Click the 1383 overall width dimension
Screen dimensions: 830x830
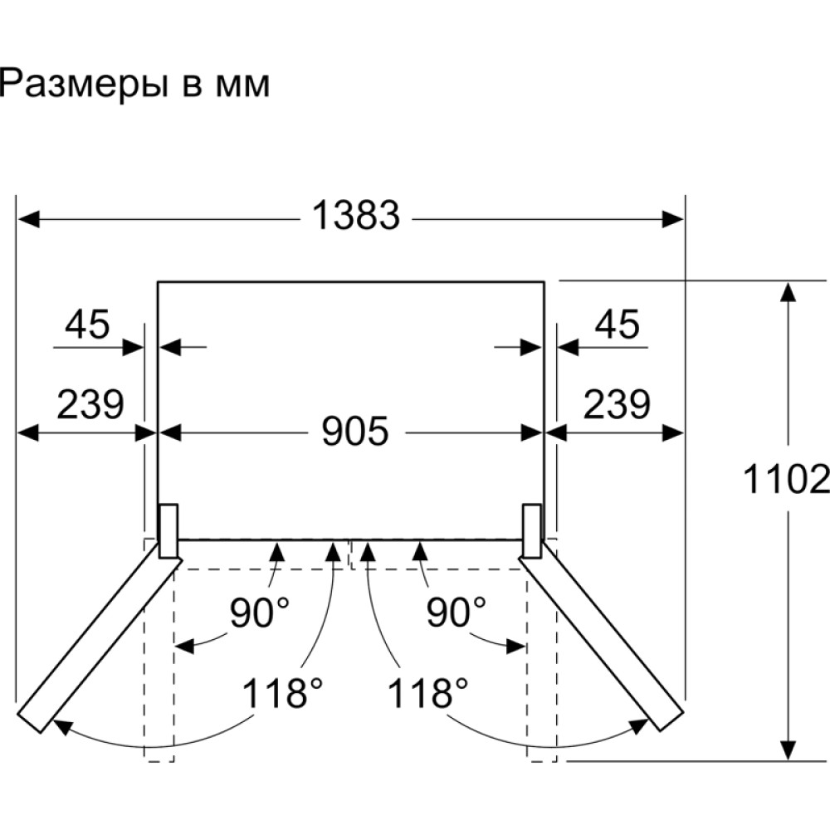(356, 215)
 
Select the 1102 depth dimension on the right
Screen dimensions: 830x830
(786, 479)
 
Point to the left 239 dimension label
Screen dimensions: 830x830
(90, 404)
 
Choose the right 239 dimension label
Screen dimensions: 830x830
(617, 404)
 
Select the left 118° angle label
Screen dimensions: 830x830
(282, 693)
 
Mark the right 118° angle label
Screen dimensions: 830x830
(428, 693)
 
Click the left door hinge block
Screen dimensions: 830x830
(168, 531)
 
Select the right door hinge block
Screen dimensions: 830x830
(532, 531)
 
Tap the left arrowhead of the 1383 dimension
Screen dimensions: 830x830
(27, 218)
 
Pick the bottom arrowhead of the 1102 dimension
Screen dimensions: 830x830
(788, 750)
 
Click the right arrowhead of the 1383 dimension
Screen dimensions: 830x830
(674, 218)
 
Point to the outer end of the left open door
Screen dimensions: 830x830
(29, 722)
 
